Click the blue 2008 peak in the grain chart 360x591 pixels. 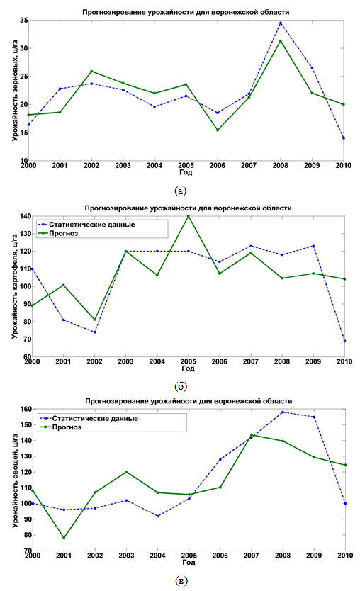click(x=281, y=23)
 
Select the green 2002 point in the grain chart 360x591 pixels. click(x=91, y=72)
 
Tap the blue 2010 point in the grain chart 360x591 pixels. click(x=344, y=138)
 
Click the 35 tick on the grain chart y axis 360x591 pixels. click(x=23, y=20)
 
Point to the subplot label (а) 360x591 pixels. click(x=181, y=191)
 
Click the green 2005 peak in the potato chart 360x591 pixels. click(x=188, y=216)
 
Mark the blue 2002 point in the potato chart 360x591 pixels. click(x=95, y=332)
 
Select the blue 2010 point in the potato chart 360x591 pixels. click(x=344, y=341)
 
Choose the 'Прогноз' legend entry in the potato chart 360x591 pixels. click(x=63, y=233)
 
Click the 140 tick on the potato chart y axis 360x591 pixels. click(x=26, y=216)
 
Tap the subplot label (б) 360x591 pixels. click(x=181, y=386)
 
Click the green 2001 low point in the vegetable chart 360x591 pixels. click(x=64, y=538)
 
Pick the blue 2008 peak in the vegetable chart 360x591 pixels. click(x=283, y=412)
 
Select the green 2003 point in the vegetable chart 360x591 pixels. click(x=126, y=472)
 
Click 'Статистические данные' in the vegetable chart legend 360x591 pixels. click(x=95, y=418)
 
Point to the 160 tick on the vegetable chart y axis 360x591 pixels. click(x=26, y=409)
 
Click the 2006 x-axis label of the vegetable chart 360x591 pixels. click(x=220, y=555)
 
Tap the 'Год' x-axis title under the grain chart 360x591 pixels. click(x=186, y=172)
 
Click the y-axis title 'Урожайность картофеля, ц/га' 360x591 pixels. click(x=15, y=286)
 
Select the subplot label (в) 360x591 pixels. click(x=181, y=580)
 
